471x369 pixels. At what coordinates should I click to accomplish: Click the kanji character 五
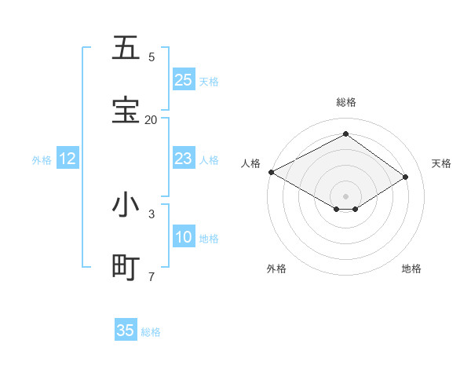[x=126, y=48]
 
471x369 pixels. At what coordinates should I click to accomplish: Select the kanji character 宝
[x=126, y=110]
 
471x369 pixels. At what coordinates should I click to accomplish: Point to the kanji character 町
[x=126, y=268]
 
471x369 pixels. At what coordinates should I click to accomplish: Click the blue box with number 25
[x=184, y=80]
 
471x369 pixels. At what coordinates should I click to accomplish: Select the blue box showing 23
[x=184, y=159]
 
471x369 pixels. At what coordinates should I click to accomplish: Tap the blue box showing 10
[x=184, y=238]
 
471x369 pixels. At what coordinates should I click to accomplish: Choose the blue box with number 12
[x=68, y=159]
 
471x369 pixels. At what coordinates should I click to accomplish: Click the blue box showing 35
[x=126, y=331]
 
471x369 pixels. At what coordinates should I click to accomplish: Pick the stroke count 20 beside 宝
[x=151, y=119]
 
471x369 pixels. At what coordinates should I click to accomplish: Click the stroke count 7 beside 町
[x=151, y=276]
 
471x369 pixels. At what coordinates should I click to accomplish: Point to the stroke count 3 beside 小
[x=151, y=214]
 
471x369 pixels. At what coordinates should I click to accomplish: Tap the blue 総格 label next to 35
[x=151, y=332]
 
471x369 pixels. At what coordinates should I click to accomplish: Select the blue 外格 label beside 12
[x=42, y=160]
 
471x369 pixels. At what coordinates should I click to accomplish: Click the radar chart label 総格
[x=345, y=102]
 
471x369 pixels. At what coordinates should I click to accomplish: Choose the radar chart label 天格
[x=441, y=163]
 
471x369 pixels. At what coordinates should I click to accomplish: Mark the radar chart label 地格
[x=411, y=269]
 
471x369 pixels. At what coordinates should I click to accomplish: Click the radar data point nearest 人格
[x=271, y=172]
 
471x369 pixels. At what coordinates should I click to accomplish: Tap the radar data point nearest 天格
[x=406, y=177]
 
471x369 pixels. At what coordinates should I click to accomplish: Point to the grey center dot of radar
[x=345, y=195]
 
